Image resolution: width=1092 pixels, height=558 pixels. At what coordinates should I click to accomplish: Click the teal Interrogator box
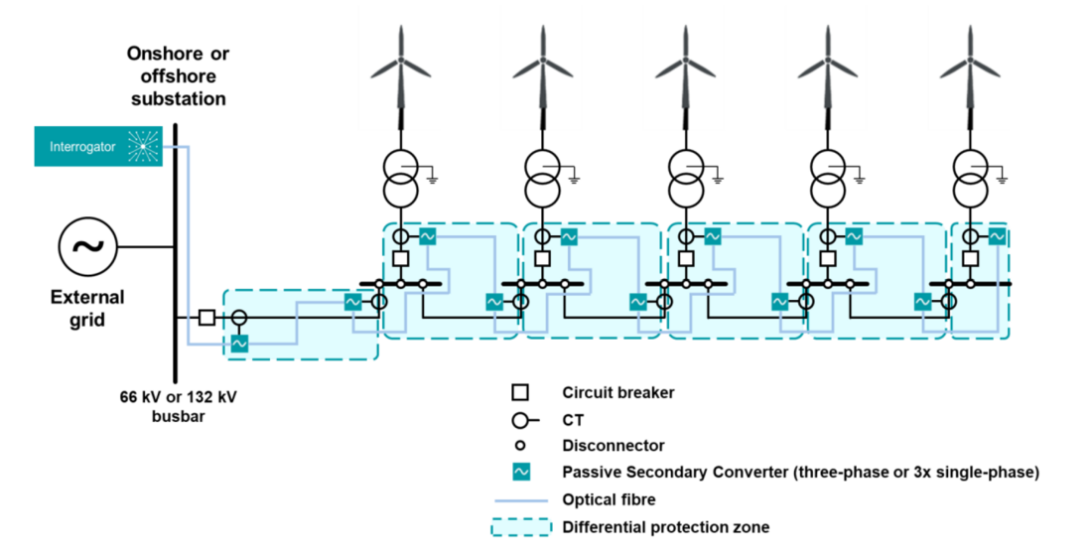coord(98,147)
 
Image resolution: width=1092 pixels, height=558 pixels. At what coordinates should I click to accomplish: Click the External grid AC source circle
coord(88,246)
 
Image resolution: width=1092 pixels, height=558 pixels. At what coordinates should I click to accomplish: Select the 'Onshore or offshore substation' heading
coord(177,75)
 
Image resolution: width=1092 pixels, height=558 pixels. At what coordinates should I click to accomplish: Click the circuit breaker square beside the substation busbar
coord(206,318)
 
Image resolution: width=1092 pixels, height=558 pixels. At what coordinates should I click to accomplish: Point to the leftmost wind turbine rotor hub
coord(401,63)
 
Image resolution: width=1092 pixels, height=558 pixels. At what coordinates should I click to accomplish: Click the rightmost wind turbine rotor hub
coord(970,63)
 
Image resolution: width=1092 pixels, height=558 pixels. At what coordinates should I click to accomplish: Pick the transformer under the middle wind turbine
coord(686,176)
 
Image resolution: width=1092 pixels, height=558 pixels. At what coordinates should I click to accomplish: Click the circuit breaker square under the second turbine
coord(543,259)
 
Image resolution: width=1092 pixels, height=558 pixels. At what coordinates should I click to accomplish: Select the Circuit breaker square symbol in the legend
coord(519,393)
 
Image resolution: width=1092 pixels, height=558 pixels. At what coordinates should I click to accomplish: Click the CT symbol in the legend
coord(521,420)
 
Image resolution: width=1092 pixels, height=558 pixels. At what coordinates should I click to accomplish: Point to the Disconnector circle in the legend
coord(519,446)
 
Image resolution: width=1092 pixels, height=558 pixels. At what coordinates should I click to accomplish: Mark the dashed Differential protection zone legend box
coord(519,527)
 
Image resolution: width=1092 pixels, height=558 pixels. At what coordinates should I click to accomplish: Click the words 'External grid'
coord(87,308)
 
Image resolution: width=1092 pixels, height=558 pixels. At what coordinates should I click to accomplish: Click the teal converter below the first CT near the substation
coord(238,343)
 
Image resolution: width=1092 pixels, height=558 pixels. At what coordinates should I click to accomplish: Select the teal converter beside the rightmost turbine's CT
coord(997,237)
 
